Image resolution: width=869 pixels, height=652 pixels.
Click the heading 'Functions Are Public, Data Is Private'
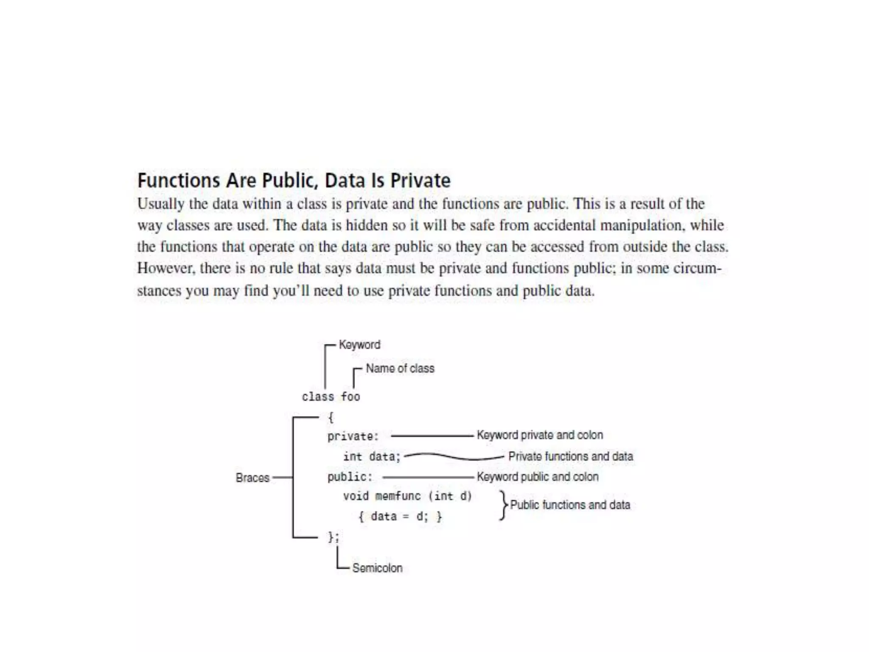click(x=294, y=181)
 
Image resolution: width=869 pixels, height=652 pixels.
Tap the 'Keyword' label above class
click(x=359, y=345)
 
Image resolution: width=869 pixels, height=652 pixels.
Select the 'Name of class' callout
click(x=400, y=368)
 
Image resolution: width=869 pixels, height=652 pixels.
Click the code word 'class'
click(x=318, y=397)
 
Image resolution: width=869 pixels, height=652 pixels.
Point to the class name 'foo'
click(x=350, y=397)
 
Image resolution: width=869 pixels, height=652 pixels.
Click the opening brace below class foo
click(x=331, y=418)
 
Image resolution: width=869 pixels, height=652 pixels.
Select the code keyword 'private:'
click(x=353, y=436)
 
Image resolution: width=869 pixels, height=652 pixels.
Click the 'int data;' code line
click(x=372, y=457)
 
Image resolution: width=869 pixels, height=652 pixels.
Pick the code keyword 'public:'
click(x=350, y=477)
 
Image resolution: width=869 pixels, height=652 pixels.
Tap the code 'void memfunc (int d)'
click(x=407, y=496)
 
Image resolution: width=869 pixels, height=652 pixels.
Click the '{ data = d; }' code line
click(x=400, y=517)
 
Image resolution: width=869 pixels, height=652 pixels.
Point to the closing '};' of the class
click(x=334, y=537)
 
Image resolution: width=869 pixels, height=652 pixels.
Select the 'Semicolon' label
click(x=377, y=568)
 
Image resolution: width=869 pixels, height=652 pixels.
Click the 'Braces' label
click(x=252, y=478)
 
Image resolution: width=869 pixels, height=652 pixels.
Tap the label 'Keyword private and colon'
click(x=540, y=435)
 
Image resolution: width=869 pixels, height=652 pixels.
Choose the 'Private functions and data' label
click(x=571, y=456)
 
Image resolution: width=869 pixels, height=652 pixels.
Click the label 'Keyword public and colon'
click(x=538, y=477)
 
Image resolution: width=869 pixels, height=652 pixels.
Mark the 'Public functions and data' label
click(x=570, y=505)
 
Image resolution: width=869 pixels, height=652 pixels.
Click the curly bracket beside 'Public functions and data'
click(x=503, y=505)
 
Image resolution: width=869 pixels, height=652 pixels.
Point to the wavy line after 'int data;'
click(x=454, y=457)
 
